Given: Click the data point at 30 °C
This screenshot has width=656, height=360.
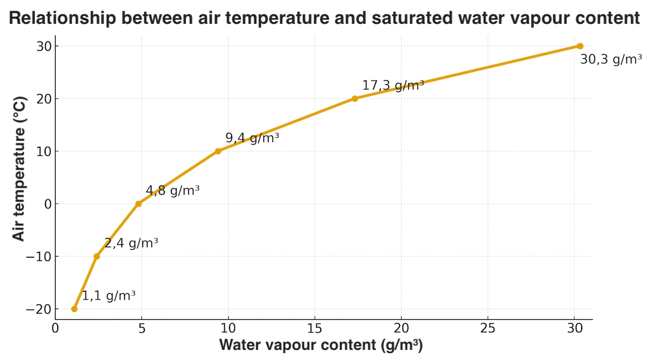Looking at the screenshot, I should (580, 46).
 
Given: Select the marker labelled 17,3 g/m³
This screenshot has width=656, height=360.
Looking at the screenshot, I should (355, 99).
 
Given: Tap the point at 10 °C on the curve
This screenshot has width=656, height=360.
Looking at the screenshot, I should (218, 151).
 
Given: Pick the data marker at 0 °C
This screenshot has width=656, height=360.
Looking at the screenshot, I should (138, 204).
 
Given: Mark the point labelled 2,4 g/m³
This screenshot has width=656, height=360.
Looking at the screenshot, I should (97, 256).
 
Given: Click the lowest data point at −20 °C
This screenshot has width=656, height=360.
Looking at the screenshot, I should (74, 309).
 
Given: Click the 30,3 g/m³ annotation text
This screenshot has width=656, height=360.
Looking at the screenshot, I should (611, 59).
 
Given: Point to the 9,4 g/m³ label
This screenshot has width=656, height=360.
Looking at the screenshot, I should (252, 138).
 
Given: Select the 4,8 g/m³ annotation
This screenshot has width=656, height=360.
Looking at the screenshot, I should (172, 190).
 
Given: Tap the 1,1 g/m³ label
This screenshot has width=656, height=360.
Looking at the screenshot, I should (108, 295).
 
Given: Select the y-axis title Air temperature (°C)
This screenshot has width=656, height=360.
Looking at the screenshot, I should (19, 169).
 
